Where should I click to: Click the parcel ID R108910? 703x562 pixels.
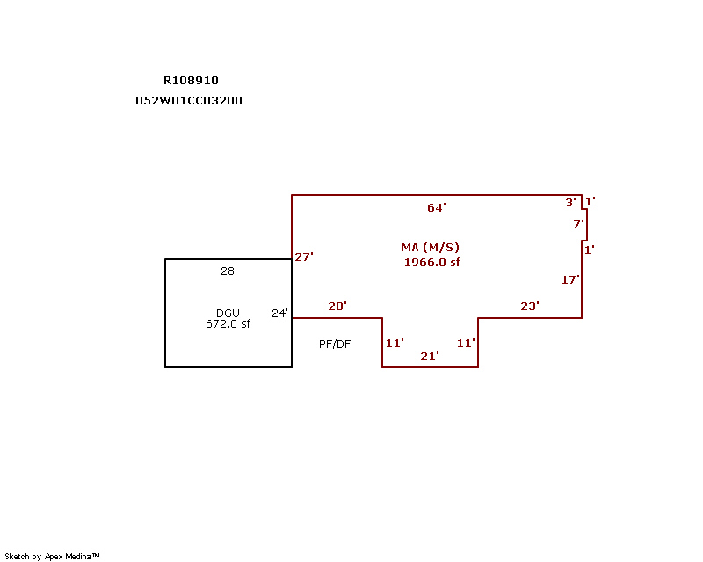(x=191, y=80)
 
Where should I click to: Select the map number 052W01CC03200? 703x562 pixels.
(x=189, y=100)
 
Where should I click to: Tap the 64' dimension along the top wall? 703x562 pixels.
(x=437, y=208)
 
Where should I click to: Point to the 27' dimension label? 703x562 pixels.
(x=304, y=256)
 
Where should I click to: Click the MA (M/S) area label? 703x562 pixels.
(x=431, y=248)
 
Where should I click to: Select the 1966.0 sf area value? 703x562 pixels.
(x=431, y=262)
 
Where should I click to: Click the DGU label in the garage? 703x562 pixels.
(x=228, y=313)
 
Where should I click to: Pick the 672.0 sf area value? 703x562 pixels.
(x=228, y=324)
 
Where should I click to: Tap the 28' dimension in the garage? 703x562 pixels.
(x=228, y=271)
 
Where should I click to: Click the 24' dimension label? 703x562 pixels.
(x=279, y=313)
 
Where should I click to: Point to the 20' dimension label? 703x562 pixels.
(x=337, y=306)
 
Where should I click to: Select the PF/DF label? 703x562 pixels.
(x=335, y=344)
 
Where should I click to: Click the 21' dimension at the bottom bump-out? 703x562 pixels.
(x=430, y=356)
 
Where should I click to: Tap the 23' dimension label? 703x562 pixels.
(x=530, y=306)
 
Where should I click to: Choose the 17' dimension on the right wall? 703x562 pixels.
(x=570, y=279)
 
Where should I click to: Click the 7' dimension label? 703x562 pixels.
(x=578, y=224)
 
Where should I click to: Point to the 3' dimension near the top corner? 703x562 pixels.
(x=570, y=202)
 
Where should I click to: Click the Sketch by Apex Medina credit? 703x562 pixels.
(x=53, y=556)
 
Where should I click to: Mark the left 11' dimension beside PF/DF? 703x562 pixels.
(x=395, y=342)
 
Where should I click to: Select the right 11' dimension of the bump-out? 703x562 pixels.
(x=466, y=342)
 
